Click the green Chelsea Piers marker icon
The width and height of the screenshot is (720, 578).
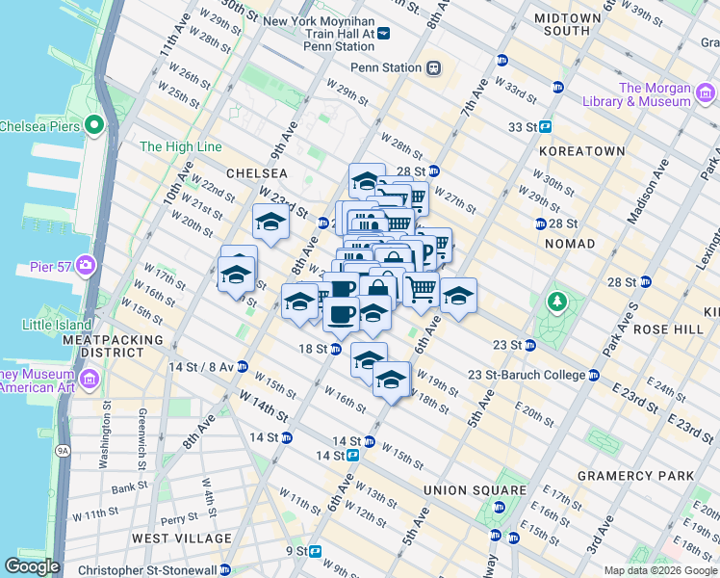[94, 125]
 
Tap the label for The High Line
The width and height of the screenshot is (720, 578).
[181, 147]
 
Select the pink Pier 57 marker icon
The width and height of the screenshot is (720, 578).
[86, 264]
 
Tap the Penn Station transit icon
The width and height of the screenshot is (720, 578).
[434, 67]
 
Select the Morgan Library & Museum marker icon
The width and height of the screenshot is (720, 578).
[706, 93]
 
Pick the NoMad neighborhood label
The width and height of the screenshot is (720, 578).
[570, 244]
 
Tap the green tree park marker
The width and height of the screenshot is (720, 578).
[556, 302]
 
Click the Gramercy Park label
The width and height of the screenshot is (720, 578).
[635, 476]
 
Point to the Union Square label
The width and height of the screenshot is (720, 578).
[475, 490]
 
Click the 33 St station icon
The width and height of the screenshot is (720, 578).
[545, 126]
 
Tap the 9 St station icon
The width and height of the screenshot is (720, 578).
[316, 551]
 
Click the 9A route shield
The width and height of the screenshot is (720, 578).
[63, 449]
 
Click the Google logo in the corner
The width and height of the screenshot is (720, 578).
[33, 566]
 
